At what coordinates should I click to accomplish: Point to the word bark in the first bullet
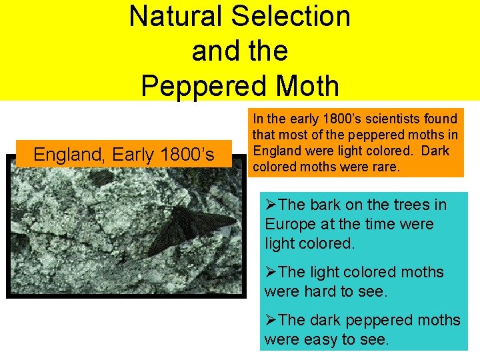pos(329,205)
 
